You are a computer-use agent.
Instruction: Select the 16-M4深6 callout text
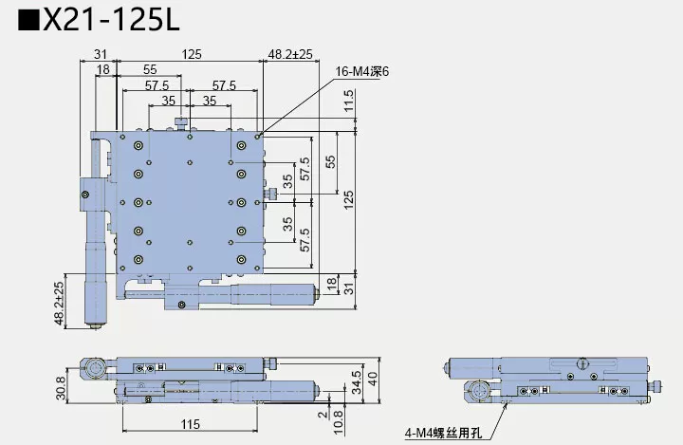363,71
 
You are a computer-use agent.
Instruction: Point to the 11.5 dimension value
349,100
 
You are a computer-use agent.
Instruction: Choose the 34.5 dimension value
356,380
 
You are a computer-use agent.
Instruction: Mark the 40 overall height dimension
373,379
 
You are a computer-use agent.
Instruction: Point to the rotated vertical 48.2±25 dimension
59,304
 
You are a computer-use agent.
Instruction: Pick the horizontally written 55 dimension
150,70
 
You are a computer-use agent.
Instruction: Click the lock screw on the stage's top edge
179,122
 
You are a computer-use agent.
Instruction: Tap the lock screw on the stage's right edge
271,195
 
